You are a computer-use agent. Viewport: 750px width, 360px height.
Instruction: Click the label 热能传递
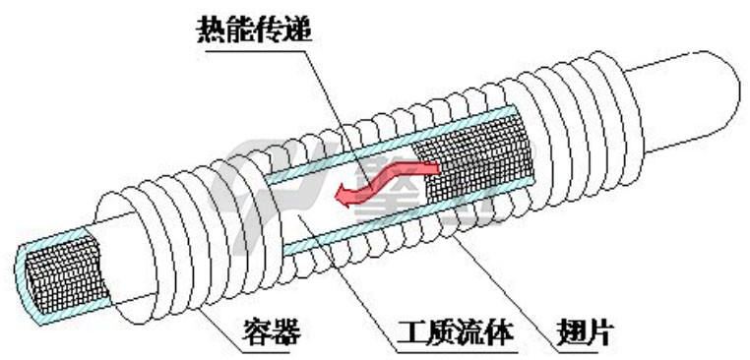coord(254,30)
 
